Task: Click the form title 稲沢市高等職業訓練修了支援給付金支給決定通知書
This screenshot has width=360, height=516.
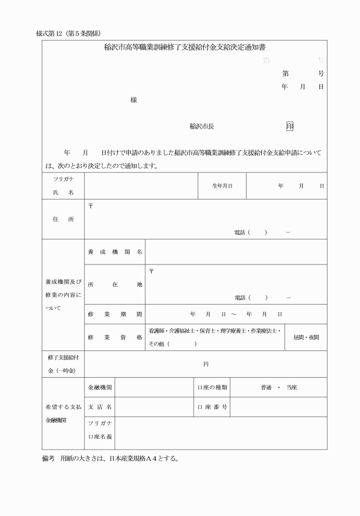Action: pyautogui.click(x=184, y=49)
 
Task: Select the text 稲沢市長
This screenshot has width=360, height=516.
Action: pyautogui.click(x=202, y=126)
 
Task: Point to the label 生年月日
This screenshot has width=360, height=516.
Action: pyautogui.click(x=222, y=186)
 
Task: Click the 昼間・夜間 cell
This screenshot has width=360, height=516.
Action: pyautogui.click(x=306, y=337)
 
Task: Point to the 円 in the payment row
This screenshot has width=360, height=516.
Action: pyautogui.click(x=206, y=364)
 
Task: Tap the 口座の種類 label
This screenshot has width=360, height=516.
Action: pyautogui.click(x=213, y=387)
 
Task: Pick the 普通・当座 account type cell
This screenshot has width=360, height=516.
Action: pyautogui.click(x=279, y=387)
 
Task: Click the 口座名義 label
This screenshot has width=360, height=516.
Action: pyautogui.click(x=99, y=437)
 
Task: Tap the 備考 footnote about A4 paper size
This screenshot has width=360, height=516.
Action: pyautogui.click(x=110, y=459)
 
